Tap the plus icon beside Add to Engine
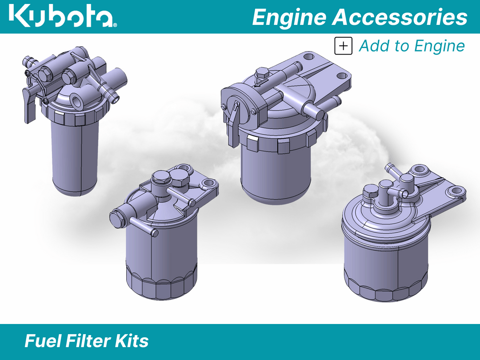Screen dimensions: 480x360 click(343, 46)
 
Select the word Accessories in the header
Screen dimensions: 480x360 click(400, 17)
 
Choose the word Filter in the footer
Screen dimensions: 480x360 click(88, 341)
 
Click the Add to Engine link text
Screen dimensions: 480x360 click(412, 46)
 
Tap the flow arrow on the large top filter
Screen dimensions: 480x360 click(261, 83)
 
